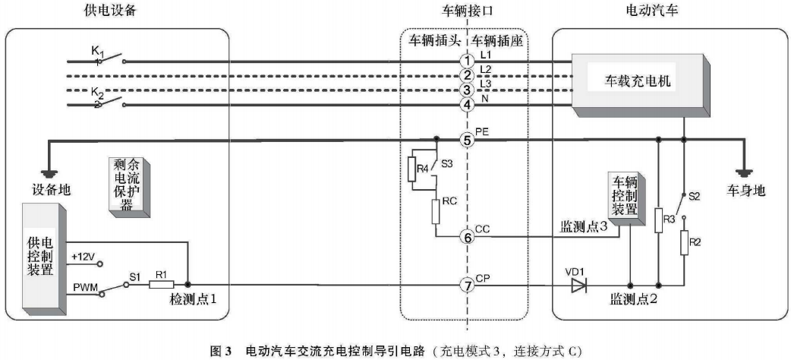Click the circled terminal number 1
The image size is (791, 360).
tap(468, 60)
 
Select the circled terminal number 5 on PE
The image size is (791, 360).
tap(468, 140)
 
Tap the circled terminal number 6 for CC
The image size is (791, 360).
tap(468, 237)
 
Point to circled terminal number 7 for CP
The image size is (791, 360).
tap(468, 286)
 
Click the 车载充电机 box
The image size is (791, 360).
tap(642, 81)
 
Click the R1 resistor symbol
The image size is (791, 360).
tap(161, 285)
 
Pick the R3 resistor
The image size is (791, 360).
tap(659, 219)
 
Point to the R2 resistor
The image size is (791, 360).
tap(684, 242)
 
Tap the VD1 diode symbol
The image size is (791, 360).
tap(578, 286)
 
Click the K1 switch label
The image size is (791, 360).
tap(97, 50)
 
